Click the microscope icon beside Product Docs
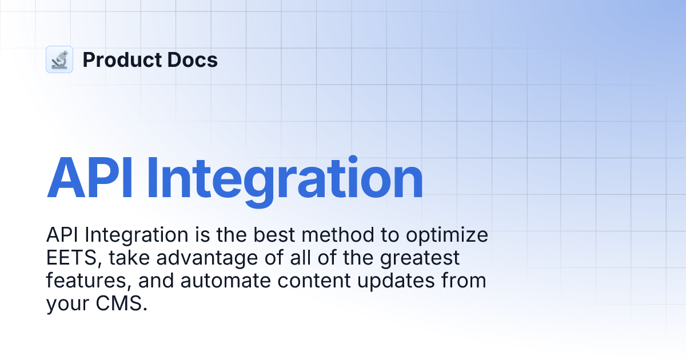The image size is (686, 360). pyautogui.click(x=59, y=59)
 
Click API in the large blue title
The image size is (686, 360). pyautogui.click(x=90, y=177)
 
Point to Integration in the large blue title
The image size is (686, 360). pyautogui.click(x=284, y=177)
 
